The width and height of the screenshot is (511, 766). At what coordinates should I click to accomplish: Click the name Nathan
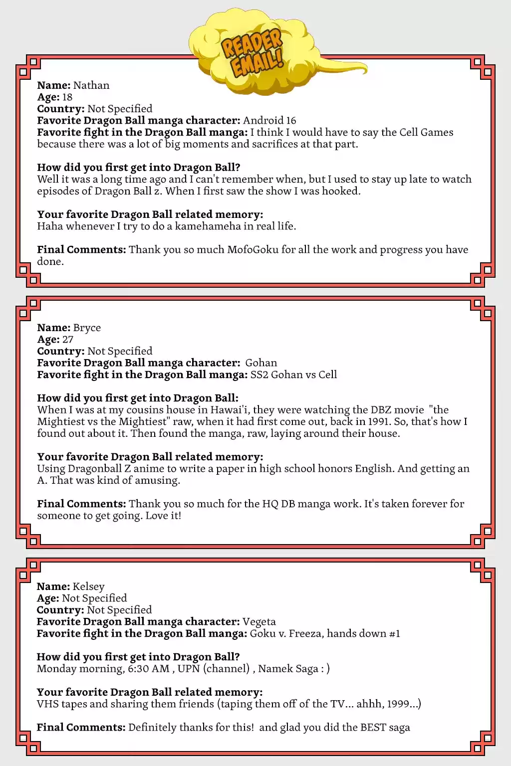[x=91, y=85]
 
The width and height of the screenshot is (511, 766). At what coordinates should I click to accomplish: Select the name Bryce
[x=87, y=328]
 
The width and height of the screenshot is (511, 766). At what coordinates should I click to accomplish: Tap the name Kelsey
[x=88, y=586]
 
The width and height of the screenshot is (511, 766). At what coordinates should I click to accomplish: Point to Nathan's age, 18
[x=67, y=97]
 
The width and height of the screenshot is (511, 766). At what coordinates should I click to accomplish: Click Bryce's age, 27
[x=67, y=340]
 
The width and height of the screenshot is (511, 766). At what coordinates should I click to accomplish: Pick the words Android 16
[x=269, y=121]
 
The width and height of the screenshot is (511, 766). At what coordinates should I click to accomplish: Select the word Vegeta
[x=259, y=622]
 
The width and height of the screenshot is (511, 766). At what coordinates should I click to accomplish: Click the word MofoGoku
[x=253, y=250]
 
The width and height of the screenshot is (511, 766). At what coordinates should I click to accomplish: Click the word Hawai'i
[x=233, y=410]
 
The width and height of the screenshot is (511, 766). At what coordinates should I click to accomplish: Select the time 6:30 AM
[x=149, y=669]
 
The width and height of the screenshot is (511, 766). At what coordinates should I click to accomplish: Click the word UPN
[x=189, y=669]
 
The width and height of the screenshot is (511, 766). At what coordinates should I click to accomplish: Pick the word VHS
[x=48, y=704]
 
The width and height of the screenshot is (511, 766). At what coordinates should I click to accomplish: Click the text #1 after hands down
[x=394, y=634]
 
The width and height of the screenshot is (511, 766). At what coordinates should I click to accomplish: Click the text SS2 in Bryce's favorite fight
[x=259, y=375]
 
